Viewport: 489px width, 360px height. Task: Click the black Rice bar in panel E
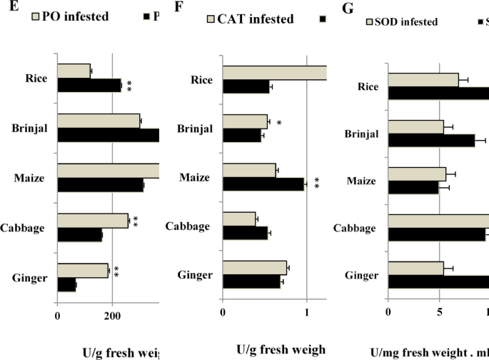[89, 85]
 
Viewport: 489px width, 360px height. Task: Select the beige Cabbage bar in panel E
[92, 221]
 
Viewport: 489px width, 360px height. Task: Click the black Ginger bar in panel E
[66, 286]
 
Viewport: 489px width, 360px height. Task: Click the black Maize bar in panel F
[263, 184]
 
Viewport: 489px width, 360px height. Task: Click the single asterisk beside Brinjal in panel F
[279, 124]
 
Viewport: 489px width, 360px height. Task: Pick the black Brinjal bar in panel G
[431, 140]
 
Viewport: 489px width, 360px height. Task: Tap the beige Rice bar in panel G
[423, 80]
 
